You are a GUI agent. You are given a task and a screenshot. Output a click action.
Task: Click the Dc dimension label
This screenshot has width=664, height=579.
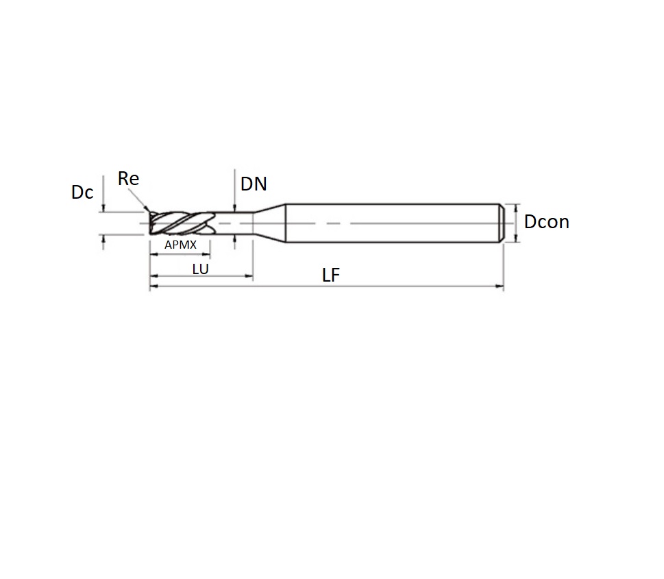(82, 193)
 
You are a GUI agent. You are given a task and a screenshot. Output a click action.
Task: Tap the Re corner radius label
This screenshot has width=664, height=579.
(128, 178)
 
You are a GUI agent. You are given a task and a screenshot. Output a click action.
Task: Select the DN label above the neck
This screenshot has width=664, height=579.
(254, 184)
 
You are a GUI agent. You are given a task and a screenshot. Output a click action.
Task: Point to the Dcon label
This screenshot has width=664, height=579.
(547, 222)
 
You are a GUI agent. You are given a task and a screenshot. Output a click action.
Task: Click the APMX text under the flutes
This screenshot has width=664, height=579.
(180, 245)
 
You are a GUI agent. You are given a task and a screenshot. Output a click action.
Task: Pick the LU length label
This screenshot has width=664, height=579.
(200, 269)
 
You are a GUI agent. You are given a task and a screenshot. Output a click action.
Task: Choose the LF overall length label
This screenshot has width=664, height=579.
(331, 275)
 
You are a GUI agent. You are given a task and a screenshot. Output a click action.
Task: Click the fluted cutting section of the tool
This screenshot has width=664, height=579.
(182, 223)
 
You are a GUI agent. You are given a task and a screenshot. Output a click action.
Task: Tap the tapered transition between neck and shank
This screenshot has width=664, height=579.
(269, 223)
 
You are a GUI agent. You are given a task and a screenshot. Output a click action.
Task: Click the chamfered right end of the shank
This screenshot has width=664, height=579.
(502, 223)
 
